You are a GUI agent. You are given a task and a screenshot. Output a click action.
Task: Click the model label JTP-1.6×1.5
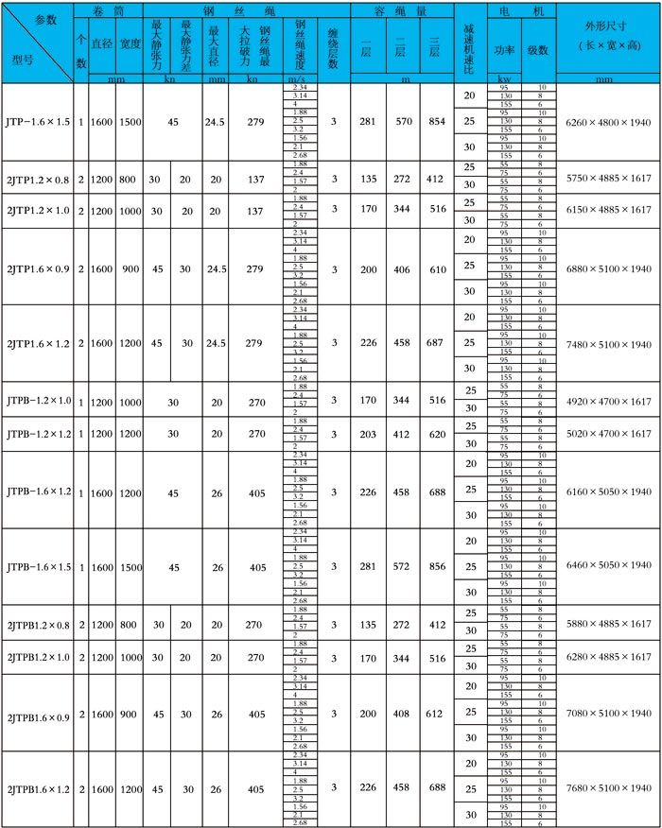pos(37,122)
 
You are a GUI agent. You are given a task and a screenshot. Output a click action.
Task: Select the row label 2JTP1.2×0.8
pos(38,179)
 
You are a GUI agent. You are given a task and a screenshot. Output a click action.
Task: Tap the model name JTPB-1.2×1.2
pos(38,434)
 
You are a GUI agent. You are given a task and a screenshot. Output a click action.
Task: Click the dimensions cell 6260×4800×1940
pos(608,122)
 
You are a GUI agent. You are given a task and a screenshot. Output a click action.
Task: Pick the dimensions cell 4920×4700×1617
pos(608,402)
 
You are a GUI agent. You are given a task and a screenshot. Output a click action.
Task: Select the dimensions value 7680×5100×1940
pos(608,788)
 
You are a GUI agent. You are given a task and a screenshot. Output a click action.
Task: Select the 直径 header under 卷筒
pos(102,43)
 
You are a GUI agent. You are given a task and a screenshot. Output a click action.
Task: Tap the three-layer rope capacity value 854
pos(435,122)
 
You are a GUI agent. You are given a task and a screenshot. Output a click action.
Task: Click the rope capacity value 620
pos(435,434)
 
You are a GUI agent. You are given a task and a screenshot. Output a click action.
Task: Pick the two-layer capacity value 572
pos(401,565)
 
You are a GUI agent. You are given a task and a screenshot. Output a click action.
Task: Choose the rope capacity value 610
pos(435,269)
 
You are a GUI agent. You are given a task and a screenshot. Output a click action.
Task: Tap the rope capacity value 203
pos(367,434)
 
